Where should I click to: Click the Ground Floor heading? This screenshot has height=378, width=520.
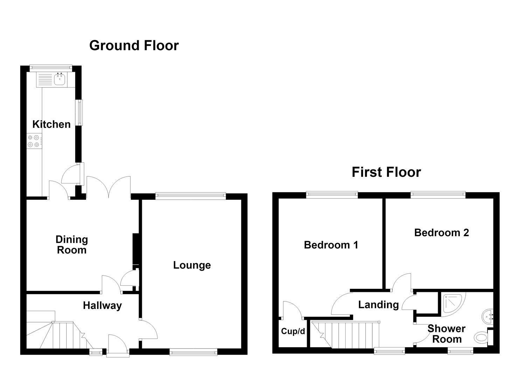(134, 45)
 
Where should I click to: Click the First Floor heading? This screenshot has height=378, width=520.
(386, 172)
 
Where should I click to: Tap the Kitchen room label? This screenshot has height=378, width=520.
(51, 124)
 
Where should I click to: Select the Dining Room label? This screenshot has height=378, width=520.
(72, 245)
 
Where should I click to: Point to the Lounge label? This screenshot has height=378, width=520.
(192, 265)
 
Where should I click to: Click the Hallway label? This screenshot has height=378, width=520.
(102, 306)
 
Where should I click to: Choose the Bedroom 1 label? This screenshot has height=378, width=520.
(331, 245)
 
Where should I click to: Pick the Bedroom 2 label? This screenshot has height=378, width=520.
(442, 232)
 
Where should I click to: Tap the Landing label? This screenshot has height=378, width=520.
(379, 305)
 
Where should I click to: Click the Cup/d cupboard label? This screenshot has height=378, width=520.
(293, 331)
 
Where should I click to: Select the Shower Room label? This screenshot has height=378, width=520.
(447, 334)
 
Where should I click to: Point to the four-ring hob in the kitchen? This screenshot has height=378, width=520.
(34, 141)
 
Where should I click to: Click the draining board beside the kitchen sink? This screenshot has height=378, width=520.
(45, 79)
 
